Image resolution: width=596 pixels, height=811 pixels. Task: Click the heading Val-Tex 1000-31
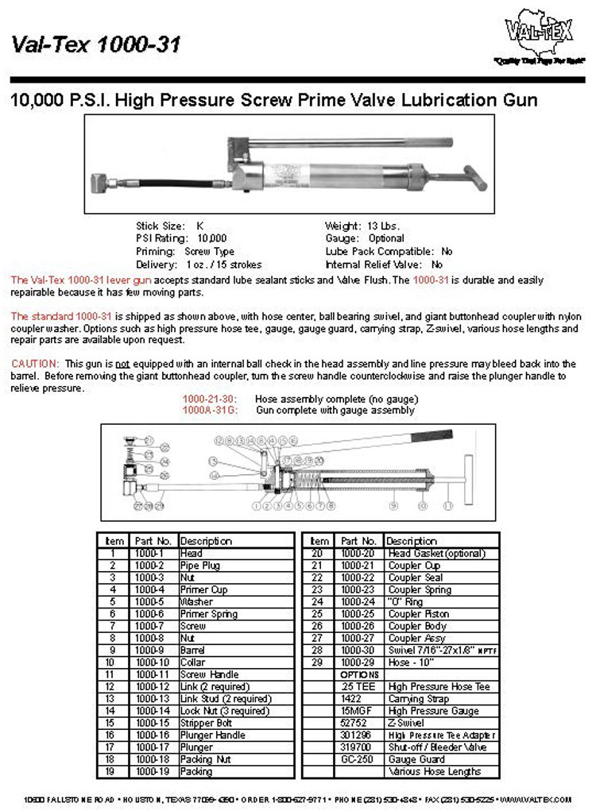[x=96, y=44]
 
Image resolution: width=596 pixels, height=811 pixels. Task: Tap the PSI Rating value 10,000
[x=211, y=238]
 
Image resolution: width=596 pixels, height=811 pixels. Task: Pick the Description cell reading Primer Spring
[x=207, y=614]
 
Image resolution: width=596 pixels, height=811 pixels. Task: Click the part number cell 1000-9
[x=149, y=651]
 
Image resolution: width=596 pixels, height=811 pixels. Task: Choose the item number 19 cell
[x=114, y=771]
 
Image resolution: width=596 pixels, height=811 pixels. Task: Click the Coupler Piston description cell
[x=418, y=614]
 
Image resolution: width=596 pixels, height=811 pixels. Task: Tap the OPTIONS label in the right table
[x=359, y=674]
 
